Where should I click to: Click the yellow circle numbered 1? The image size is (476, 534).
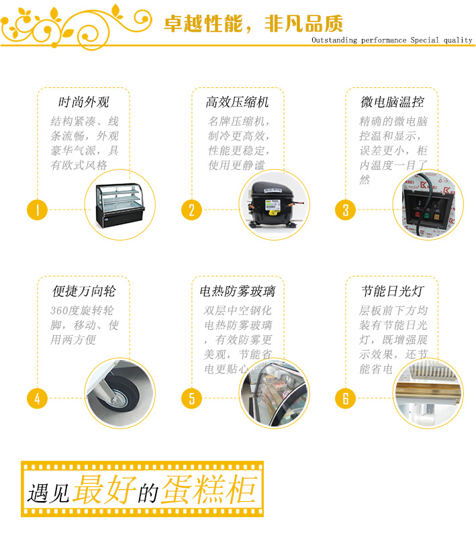click(37, 210)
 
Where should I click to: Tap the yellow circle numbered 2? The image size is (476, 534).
click(192, 210)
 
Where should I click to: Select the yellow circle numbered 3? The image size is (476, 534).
click(346, 210)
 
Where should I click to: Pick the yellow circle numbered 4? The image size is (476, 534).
click(37, 398)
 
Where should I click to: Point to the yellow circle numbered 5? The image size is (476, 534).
click(192, 398)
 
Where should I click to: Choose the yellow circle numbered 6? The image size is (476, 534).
click(346, 398)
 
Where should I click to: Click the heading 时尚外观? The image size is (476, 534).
click(84, 102)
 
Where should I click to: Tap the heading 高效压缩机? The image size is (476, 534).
click(237, 102)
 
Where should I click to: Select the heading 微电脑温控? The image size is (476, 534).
click(392, 102)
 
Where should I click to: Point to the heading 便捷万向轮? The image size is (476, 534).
click(84, 291)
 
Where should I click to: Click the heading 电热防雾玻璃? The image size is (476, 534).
click(237, 291)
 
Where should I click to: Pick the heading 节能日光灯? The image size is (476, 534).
click(392, 291)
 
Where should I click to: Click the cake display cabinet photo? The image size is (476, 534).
click(120, 206)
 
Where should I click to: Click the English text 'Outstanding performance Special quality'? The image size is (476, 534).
click(392, 40)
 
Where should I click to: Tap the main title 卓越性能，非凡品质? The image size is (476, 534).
click(253, 24)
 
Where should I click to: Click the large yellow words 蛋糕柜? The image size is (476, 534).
click(209, 490)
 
